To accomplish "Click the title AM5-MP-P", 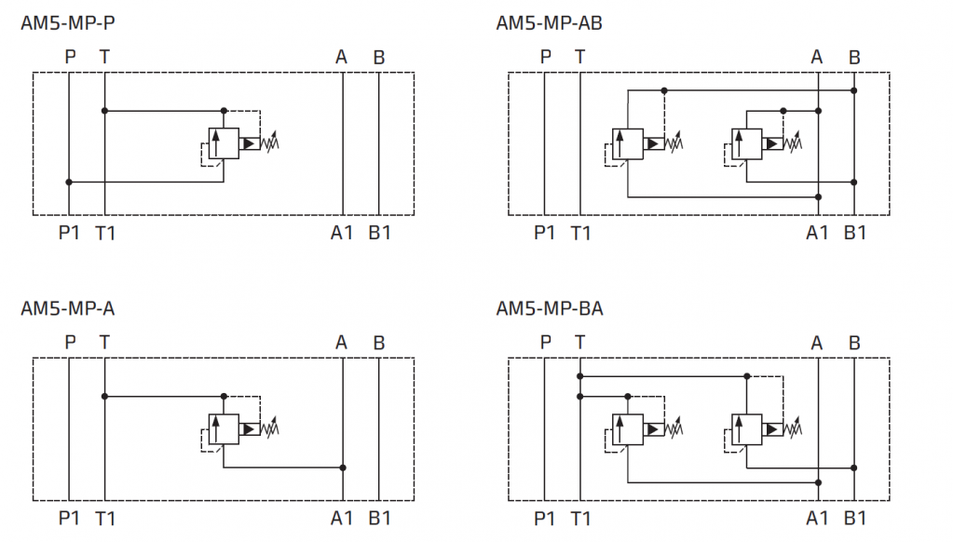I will coord(68,22).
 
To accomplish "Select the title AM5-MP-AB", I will coord(549,22).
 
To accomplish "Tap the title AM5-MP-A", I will coord(68,307).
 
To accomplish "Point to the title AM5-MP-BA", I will coord(549,307).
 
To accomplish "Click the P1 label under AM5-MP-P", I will coord(70,232).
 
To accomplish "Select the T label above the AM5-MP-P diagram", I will coord(104,57).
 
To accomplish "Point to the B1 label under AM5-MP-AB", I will coord(854,232).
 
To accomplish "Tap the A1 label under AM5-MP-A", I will coord(342,517).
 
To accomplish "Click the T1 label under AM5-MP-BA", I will coord(580,517).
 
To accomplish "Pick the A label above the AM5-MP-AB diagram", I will coord(817,57).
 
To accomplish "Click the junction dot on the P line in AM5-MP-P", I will coord(69,182).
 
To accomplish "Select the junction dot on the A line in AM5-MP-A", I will coord(344,467).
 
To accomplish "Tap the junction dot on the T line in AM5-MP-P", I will coord(104,111).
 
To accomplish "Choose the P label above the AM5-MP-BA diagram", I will coord(546,342).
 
